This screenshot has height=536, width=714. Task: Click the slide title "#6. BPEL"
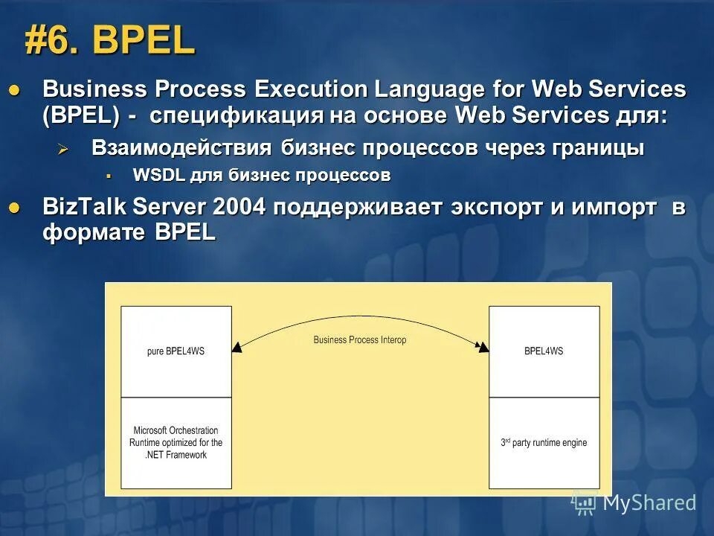109,41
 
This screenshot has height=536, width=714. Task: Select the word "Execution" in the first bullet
310,89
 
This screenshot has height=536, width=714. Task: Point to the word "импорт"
614,207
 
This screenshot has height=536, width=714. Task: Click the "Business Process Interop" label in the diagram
360,339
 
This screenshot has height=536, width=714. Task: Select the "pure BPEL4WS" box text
176,351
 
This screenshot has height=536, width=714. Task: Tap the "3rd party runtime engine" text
544,443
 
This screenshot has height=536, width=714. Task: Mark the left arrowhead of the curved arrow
237,347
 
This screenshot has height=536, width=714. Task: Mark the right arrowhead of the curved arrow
483,347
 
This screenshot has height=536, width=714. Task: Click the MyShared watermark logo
634,502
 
